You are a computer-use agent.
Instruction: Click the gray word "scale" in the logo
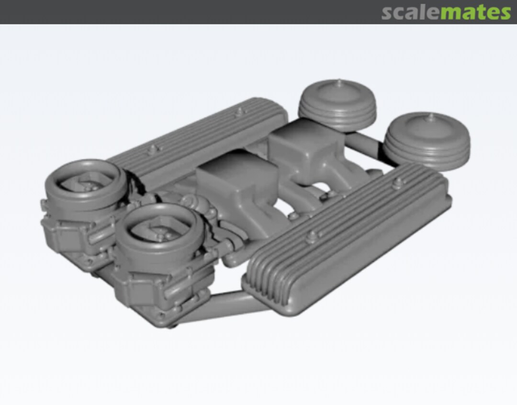(x=411, y=12)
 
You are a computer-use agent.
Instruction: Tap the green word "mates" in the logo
(x=475, y=12)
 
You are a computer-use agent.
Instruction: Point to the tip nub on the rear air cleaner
(x=339, y=82)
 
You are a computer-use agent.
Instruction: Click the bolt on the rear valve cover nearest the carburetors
(x=152, y=149)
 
